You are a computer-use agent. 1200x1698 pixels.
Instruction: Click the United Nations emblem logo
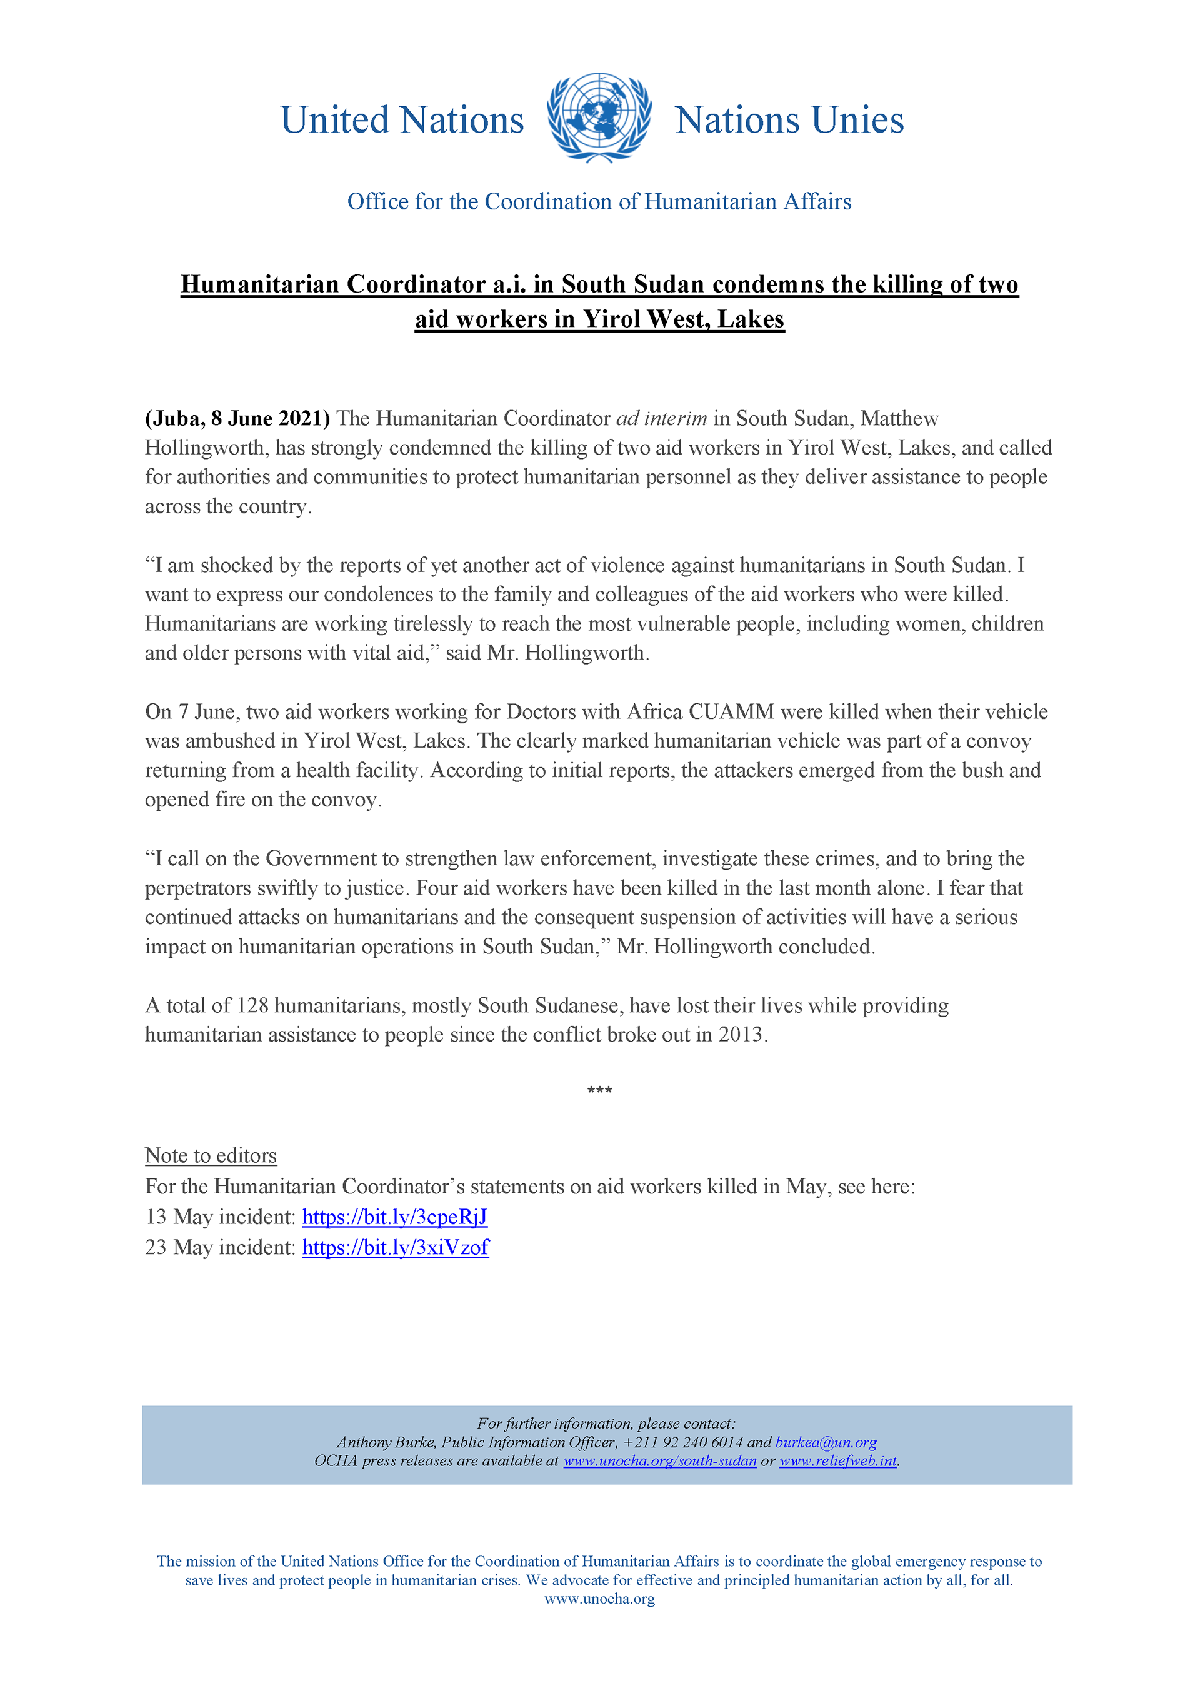(x=599, y=118)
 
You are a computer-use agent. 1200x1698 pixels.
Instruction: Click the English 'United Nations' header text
(x=402, y=120)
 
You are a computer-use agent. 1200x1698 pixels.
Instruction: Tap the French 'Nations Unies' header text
(x=789, y=120)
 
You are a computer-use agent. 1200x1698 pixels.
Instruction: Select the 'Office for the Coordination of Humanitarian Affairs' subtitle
(x=599, y=201)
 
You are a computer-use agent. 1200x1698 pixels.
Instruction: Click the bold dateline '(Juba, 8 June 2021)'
(x=237, y=419)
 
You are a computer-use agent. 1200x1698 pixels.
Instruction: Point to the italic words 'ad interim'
(x=662, y=419)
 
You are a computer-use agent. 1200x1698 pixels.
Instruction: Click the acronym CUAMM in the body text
(x=731, y=711)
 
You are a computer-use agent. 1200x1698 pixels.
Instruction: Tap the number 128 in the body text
(x=252, y=1005)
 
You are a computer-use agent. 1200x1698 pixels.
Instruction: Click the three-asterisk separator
(x=599, y=1091)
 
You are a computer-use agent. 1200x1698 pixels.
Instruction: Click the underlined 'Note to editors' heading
(x=211, y=1155)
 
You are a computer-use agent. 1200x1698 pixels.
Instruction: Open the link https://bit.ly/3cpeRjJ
(x=395, y=1217)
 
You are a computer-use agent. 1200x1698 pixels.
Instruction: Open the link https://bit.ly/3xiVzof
(x=396, y=1248)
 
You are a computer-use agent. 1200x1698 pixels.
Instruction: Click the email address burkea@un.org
(x=826, y=1442)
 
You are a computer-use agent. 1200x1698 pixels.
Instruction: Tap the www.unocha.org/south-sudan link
(x=659, y=1460)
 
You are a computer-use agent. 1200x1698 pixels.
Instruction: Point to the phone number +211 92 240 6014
(x=683, y=1442)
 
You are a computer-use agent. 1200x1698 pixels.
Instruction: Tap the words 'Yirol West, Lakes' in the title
(x=683, y=319)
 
